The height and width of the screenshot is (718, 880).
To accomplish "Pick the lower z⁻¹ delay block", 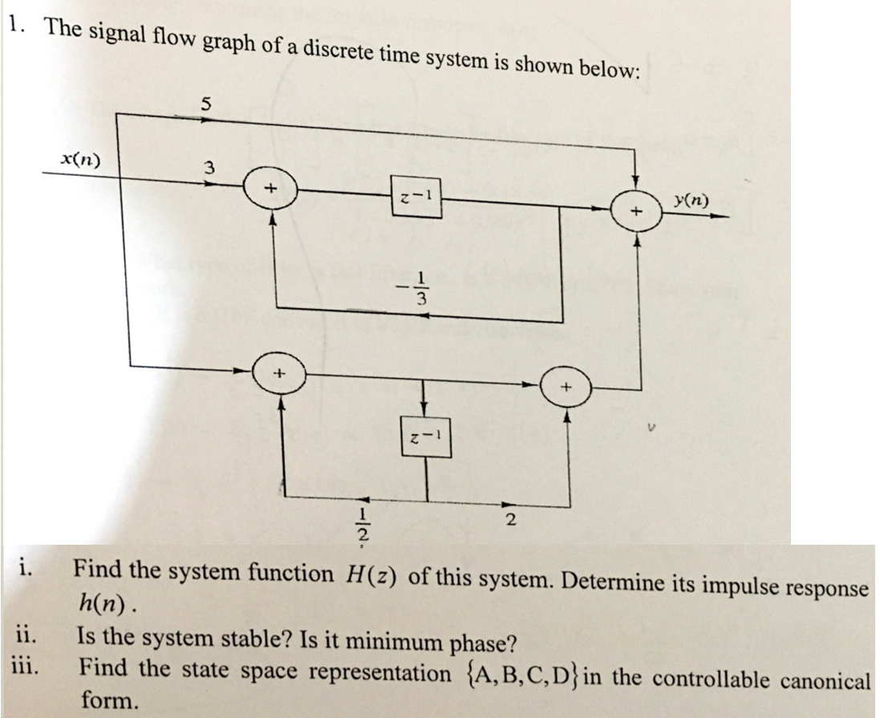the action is tap(425, 437).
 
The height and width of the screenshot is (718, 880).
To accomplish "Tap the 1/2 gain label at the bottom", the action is tap(363, 522).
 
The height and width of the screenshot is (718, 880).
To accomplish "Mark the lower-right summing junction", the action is tap(565, 387).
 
